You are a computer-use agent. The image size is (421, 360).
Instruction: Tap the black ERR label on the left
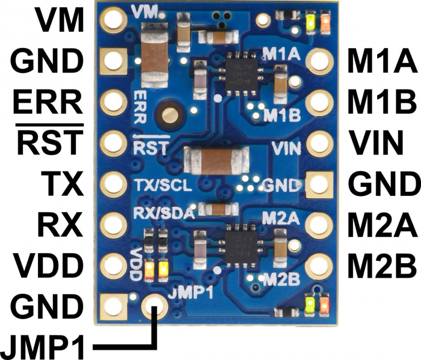(x=48, y=102)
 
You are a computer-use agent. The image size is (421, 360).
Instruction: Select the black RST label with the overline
(x=50, y=142)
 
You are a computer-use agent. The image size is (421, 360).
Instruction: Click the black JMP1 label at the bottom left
(x=42, y=346)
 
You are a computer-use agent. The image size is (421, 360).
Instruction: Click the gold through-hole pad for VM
(x=113, y=20)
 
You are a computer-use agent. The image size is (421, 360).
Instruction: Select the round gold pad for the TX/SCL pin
(x=113, y=184)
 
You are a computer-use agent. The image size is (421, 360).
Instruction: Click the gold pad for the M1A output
(x=319, y=61)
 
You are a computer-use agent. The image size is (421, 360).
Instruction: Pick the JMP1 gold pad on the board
(x=155, y=307)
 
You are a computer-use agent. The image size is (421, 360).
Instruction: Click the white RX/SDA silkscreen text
(x=164, y=213)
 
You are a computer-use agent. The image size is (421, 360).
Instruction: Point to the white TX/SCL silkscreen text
(x=163, y=185)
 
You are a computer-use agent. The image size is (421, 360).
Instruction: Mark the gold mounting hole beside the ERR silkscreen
(x=170, y=115)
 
